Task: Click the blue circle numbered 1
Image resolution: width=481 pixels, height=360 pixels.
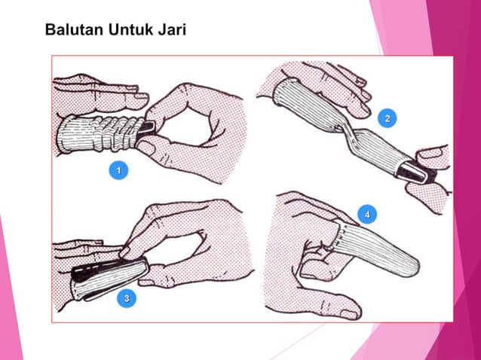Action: click(117, 172)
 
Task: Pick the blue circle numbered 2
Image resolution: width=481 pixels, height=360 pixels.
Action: click(388, 119)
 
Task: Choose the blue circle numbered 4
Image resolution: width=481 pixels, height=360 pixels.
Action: click(367, 215)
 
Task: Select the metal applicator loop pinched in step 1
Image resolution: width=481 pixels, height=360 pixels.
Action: click(149, 128)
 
